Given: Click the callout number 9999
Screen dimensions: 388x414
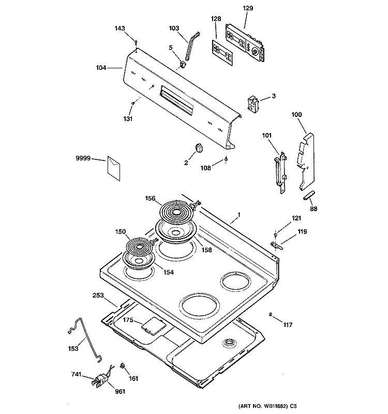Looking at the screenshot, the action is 83,158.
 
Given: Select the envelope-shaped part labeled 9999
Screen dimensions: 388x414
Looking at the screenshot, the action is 114,168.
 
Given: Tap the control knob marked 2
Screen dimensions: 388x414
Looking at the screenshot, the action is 199,147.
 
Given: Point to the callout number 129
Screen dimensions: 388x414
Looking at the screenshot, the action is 248,8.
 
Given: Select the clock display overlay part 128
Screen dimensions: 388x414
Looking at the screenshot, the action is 222,53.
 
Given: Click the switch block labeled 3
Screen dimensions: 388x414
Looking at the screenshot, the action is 253,105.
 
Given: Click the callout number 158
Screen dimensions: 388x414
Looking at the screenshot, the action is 206,250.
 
